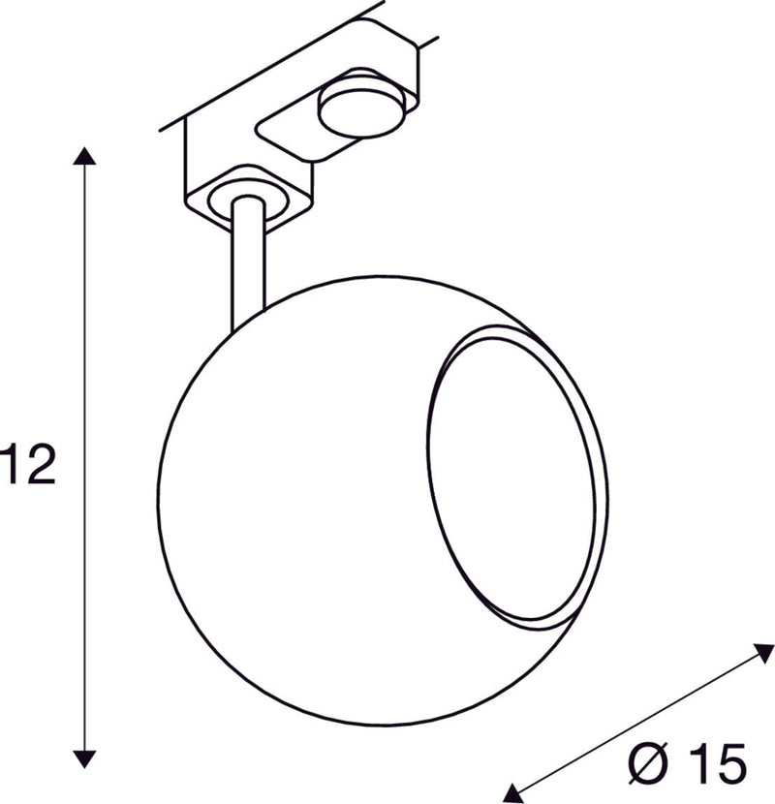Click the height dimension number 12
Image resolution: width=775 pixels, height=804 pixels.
click(x=29, y=465)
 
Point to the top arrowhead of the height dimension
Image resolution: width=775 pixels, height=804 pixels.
click(x=86, y=157)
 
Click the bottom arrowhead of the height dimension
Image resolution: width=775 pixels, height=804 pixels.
click(x=86, y=756)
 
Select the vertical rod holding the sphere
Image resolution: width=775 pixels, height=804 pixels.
click(x=244, y=266)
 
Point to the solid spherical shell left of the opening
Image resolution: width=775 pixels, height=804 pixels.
click(x=291, y=504)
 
